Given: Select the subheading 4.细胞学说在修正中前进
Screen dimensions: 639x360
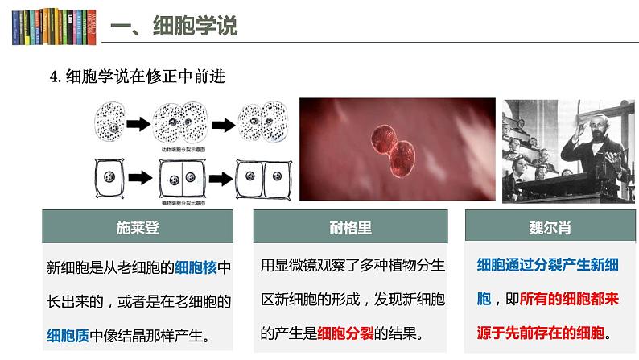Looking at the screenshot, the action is (x=137, y=78).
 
